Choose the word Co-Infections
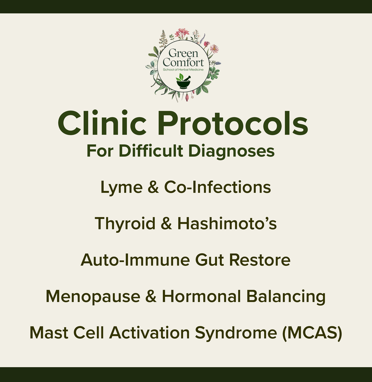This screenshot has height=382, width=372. point(217,187)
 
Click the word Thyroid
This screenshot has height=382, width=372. point(125,224)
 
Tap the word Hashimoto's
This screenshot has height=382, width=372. point(227,224)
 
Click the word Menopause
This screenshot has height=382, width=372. point(93,296)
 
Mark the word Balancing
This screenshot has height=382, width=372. point(286,296)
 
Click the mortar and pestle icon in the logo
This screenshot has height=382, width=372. point(183,82)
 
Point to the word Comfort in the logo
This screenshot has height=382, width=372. point(183,62)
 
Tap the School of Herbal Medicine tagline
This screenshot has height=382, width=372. point(183,70)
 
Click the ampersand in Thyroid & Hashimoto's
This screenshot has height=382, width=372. point(166,224)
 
